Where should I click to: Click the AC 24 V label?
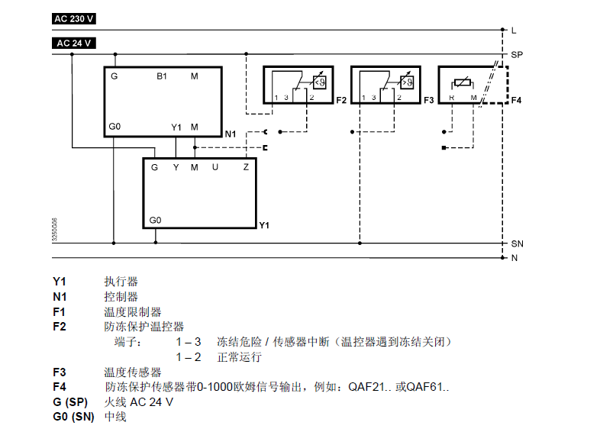coord(75,43)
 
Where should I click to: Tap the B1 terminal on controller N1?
coord(162,76)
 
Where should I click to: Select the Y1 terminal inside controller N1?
coord(176,127)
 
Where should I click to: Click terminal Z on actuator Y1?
coord(246,166)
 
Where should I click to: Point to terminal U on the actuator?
coord(215,166)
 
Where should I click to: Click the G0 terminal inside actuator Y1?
coord(156,219)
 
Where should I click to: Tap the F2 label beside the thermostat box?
coord(341,101)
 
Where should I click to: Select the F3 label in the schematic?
coord(428,101)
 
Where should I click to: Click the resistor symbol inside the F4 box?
coord(463,82)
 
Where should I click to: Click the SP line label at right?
coord(517,56)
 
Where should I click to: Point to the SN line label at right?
coord(517,243)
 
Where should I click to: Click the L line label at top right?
coord(514,31)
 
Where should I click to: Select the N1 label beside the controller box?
coord(231,134)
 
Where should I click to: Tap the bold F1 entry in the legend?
coord(60,312)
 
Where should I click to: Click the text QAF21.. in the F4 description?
coord(370,387)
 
